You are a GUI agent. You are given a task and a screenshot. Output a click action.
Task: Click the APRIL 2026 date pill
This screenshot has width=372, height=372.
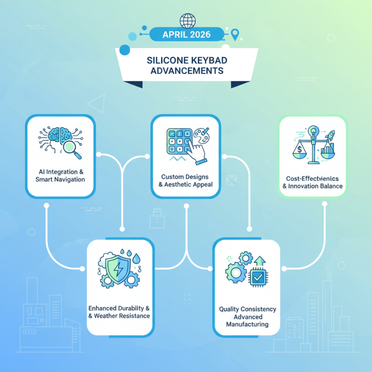click(x=186, y=34)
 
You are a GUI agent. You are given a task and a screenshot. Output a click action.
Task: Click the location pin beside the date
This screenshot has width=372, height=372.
click(x=235, y=34)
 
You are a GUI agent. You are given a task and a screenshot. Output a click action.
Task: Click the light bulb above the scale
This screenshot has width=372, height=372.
click(x=313, y=132)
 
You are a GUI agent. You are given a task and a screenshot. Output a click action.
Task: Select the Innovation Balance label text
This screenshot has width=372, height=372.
click(x=312, y=186)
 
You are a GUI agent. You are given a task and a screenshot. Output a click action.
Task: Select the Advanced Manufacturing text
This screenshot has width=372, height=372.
click(x=247, y=320)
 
